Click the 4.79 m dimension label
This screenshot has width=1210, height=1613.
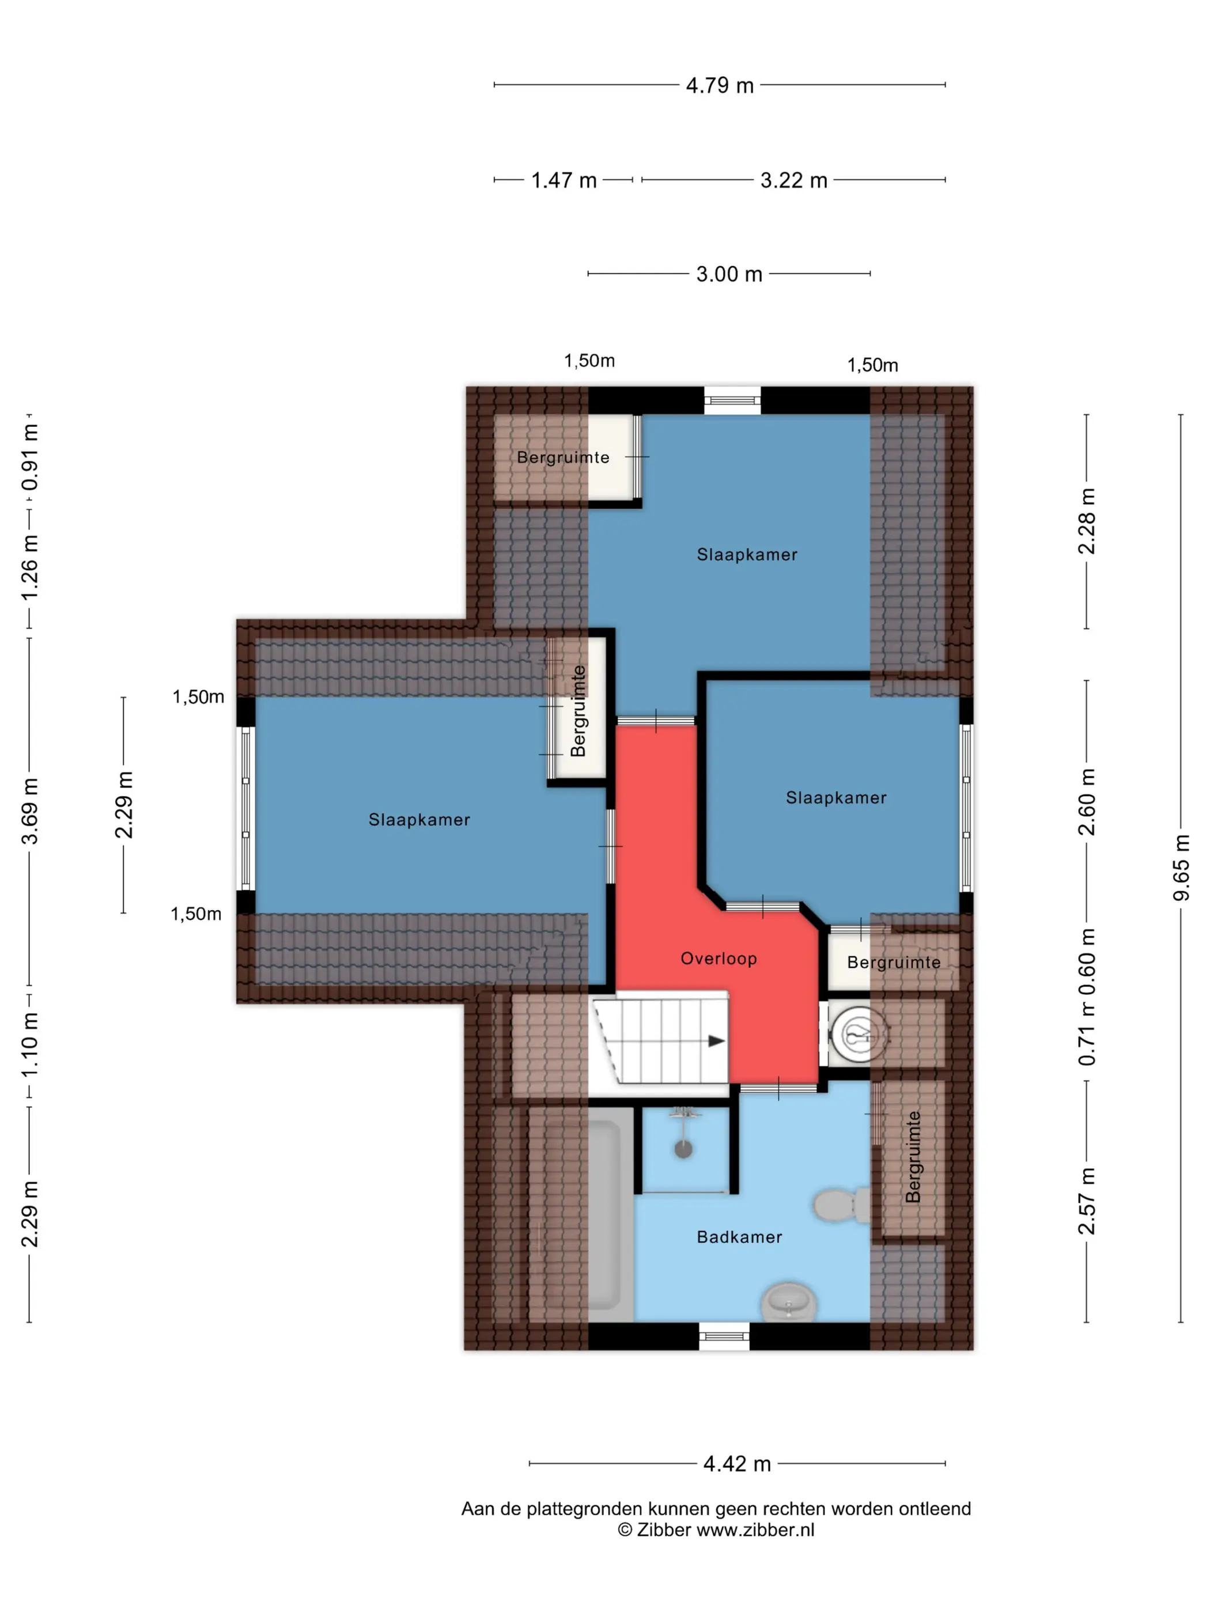[719, 85]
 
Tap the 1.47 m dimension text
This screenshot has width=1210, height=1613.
[564, 180]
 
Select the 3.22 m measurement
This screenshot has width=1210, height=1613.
[793, 180]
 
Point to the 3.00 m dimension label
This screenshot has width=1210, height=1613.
[729, 274]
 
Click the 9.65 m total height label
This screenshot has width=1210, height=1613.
[1181, 868]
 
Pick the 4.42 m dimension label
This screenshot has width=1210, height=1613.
[736, 1464]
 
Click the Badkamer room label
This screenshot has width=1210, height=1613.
[739, 1237]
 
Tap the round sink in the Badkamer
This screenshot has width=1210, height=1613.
[788, 1301]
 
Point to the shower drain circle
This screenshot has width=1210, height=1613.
[683, 1150]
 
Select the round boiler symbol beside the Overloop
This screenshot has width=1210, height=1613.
[859, 1034]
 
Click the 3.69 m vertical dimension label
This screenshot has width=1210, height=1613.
[29, 811]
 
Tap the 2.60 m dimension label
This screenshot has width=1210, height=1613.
[1086, 801]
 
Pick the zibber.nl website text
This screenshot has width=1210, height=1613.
[755, 1530]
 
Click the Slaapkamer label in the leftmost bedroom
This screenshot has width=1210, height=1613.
[419, 820]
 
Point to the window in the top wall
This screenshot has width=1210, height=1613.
[732, 400]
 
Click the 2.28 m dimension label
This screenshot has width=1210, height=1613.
[1086, 521]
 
